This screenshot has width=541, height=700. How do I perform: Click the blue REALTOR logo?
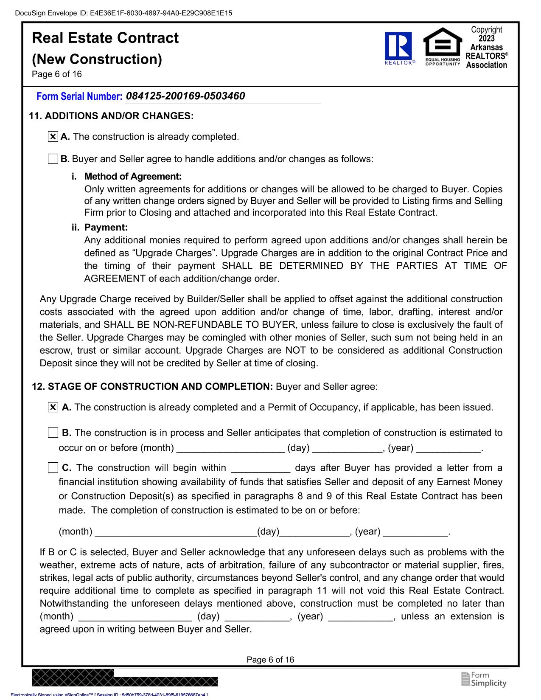[398, 48]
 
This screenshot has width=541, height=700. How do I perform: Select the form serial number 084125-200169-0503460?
[185, 96]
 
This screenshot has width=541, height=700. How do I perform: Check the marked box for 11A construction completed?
[53, 137]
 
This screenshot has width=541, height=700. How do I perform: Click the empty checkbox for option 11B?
[53, 159]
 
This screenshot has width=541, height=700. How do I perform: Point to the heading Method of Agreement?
[133, 176]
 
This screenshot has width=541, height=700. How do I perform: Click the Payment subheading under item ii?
[106, 228]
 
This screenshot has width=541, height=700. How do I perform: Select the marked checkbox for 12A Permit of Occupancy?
[53, 408]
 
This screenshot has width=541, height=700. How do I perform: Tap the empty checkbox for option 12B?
[53, 433]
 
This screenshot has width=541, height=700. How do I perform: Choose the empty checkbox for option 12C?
[53, 468]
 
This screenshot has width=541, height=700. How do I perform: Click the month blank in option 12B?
[230, 448]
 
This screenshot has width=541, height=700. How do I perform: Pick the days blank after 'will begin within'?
[261, 468]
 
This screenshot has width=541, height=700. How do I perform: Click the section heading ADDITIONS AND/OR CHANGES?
[119, 116]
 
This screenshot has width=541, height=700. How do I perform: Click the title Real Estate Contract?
[105, 38]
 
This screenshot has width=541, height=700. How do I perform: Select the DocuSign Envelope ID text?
[123, 13]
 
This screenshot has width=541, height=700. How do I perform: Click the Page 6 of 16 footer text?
[270, 660]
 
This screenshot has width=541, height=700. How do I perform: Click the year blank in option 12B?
[448, 448]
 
